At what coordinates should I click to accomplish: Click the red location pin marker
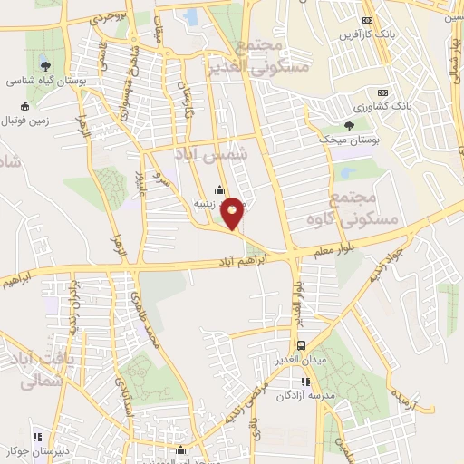tap(233, 213)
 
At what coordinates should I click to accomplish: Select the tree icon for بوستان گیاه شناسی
tap(44, 64)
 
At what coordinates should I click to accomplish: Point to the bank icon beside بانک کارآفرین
tap(366, 20)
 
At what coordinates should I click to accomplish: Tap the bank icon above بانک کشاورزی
tap(382, 92)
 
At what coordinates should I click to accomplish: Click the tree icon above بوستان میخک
tap(350, 127)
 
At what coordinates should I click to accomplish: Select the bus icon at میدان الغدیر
tap(302, 345)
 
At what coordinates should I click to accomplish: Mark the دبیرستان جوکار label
tap(35, 449)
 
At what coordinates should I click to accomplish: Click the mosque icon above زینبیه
tap(218, 189)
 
